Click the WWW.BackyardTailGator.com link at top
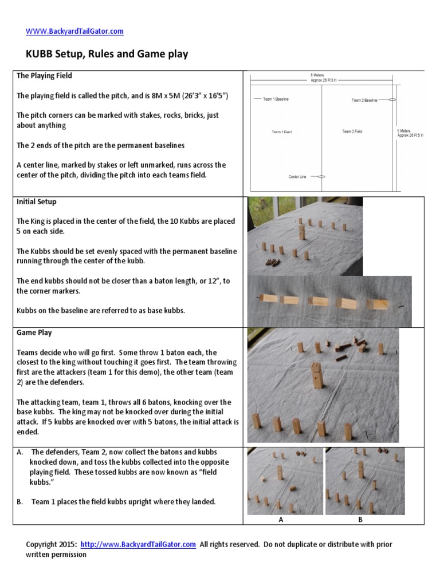point(74,31)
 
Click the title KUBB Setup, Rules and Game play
point(107,54)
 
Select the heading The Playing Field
point(44,76)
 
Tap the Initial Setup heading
point(36,202)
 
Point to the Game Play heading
point(34,332)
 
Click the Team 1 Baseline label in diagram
point(276,99)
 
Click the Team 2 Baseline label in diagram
point(364,100)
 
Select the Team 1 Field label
point(281,132)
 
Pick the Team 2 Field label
point(352,132)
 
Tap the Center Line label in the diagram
point(297,177)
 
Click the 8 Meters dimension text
point(324,75)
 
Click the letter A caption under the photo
point(281,520)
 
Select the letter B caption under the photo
point(360,520)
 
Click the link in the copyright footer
point(138,544)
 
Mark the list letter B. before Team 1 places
point(20,502)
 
